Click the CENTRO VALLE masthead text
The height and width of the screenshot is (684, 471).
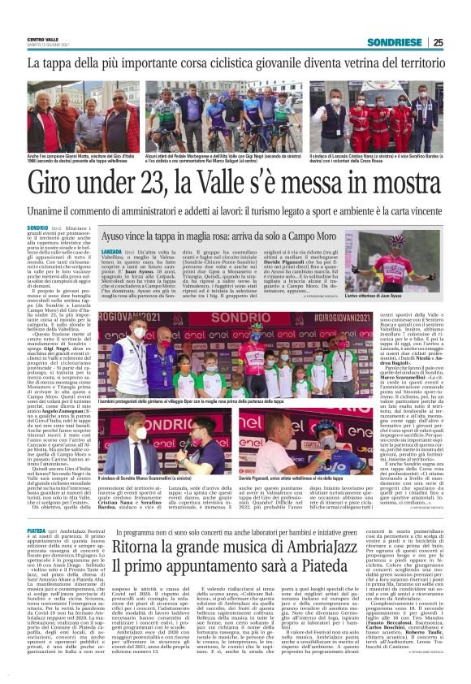[44, 39]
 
